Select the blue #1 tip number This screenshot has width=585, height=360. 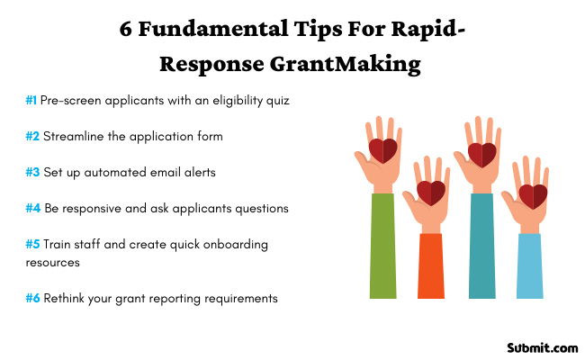pos(31,101)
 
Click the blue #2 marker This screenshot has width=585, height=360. pos(32,137)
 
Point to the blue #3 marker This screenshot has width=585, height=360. pos(32,172)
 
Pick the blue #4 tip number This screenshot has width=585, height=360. pos(32,208)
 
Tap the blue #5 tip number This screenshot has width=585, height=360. pos(32,244)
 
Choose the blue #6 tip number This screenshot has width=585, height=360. pos(32,298)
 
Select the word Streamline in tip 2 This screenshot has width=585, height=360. pos(75,137)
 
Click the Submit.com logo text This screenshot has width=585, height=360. pos(540,346)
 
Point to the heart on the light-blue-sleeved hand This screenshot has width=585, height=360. pos(533,195)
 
